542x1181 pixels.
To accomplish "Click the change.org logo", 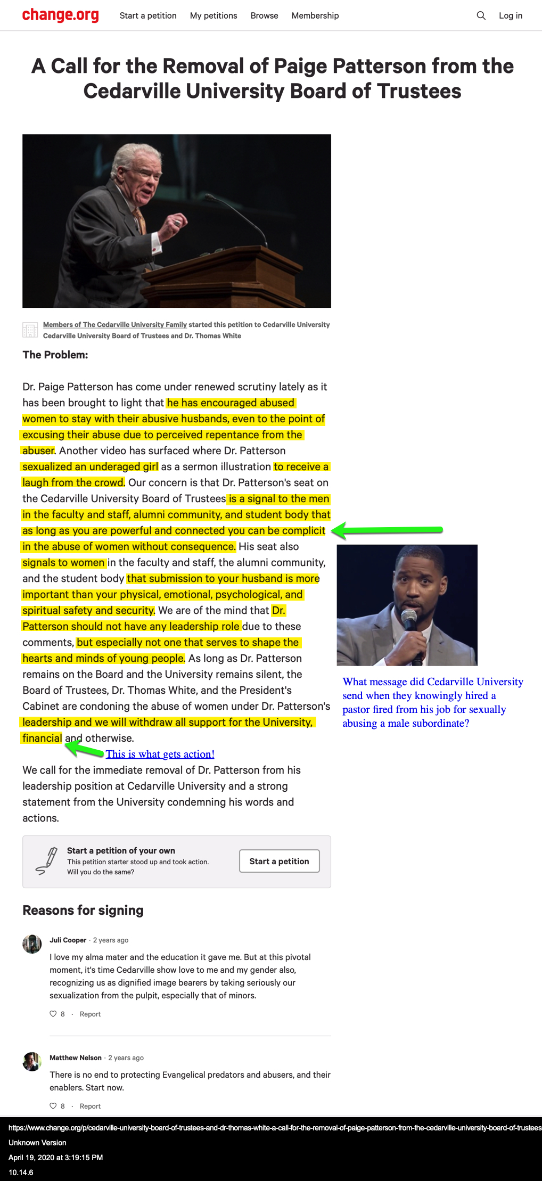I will click(60, 15).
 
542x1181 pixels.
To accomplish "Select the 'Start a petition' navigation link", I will click(148, 16).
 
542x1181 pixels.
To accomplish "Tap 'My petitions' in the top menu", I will click(213, 16).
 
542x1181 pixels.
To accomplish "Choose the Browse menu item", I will click(264, 16).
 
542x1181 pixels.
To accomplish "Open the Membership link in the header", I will click(315, 16).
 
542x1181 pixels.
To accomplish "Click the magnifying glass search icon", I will click(481, 16).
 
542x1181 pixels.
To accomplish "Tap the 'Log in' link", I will click(510, 16).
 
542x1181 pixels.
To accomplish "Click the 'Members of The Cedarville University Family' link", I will click(114, 325).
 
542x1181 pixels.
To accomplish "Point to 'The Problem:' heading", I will click(55, 355).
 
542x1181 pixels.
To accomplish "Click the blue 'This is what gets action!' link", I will click(160, 754).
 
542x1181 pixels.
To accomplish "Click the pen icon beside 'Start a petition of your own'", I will click(47, 861).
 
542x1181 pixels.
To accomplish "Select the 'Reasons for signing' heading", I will click(83, 911).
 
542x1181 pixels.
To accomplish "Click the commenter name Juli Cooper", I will click(68, 940).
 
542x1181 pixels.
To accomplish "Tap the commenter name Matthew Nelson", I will click(75, 1058).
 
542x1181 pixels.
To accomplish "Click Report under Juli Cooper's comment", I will click(90, 1014).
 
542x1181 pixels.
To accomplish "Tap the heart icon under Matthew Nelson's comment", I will click(53, 1106).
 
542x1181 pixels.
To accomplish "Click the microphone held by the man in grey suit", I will click(409, 620).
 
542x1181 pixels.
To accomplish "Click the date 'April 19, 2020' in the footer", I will click(37, 1158).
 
